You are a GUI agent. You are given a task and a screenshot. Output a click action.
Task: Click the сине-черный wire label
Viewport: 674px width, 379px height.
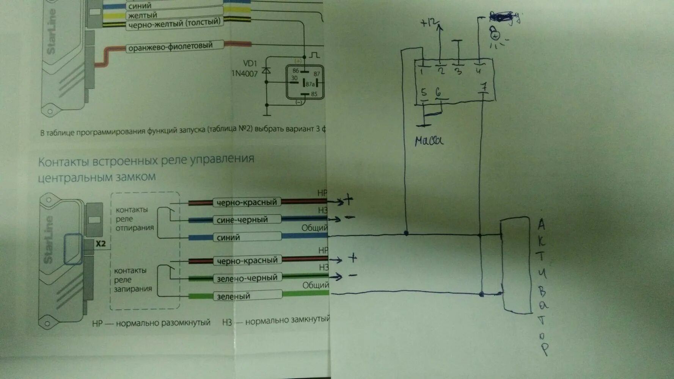[242, 220]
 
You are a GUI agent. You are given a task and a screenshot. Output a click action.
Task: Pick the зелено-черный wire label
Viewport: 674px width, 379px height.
[247, 278]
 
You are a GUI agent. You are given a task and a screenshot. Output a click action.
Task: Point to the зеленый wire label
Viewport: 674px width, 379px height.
[233, 296]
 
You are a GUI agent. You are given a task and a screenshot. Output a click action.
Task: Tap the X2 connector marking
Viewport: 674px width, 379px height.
[101, 244]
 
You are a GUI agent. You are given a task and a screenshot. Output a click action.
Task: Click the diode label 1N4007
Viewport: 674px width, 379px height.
[244, 74]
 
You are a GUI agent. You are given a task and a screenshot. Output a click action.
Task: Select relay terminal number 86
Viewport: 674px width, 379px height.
[295, 70]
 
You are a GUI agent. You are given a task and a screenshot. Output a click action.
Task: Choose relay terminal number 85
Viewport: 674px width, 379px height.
[314, 94]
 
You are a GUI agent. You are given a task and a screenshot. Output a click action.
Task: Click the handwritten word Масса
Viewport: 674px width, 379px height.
[429, 141]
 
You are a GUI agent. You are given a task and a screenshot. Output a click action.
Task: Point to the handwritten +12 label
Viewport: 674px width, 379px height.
[429, 23]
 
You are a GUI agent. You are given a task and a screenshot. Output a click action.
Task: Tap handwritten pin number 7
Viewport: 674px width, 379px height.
[484, 87]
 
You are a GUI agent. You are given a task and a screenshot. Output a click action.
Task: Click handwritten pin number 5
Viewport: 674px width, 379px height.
[424, 92]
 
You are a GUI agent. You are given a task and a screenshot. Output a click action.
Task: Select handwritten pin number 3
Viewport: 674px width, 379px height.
[458, 70]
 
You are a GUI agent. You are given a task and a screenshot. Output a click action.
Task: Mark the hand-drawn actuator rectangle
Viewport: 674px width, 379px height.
[516, 265]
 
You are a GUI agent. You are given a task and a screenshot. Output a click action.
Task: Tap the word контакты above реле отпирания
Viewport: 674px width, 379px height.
[132, 210]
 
